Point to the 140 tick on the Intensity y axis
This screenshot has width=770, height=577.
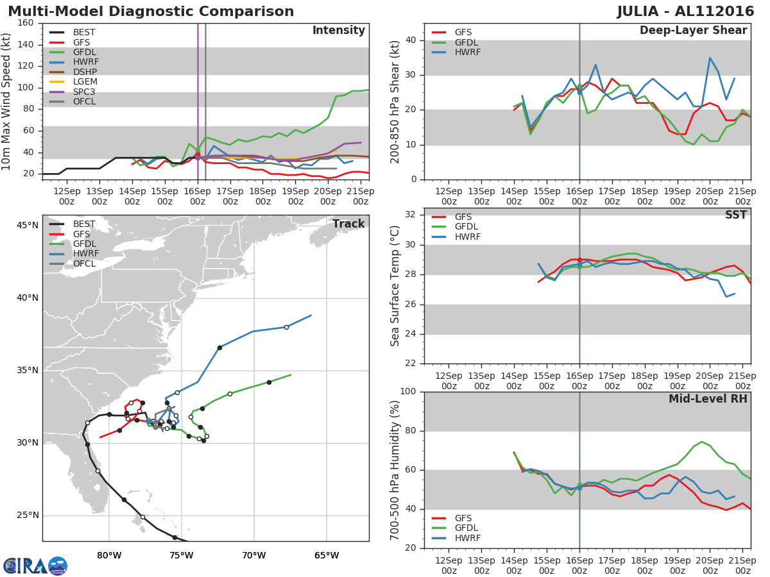pyautogui.click(x=26, y=45)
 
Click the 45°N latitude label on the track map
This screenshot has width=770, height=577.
pyautogui.click(x=28, y=225)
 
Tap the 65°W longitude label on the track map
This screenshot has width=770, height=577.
pyautogui.click(x=327, y=555)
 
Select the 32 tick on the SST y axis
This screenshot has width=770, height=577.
pyautogui.click(x=411, y=215)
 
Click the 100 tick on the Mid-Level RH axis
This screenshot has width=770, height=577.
pyautogui.click(x=407, y=392)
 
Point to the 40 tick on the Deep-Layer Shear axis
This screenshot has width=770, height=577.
pyautogui.click(x=411, y=40)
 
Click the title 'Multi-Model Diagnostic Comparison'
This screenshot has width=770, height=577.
pyautogui.click(x=151, y=12)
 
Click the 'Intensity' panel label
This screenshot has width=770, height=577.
pyautogui.click(x=338, y=31)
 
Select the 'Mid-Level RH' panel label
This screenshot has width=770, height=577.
pyautogui.click(x=708, y=399)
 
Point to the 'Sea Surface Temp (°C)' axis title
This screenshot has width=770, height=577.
pyautogui.click(x=395, y=285)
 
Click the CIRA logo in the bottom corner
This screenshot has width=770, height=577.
pyautogui.click(x=35, y=565)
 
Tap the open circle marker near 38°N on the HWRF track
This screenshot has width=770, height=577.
pyautogui.click(x=286, y=327)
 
